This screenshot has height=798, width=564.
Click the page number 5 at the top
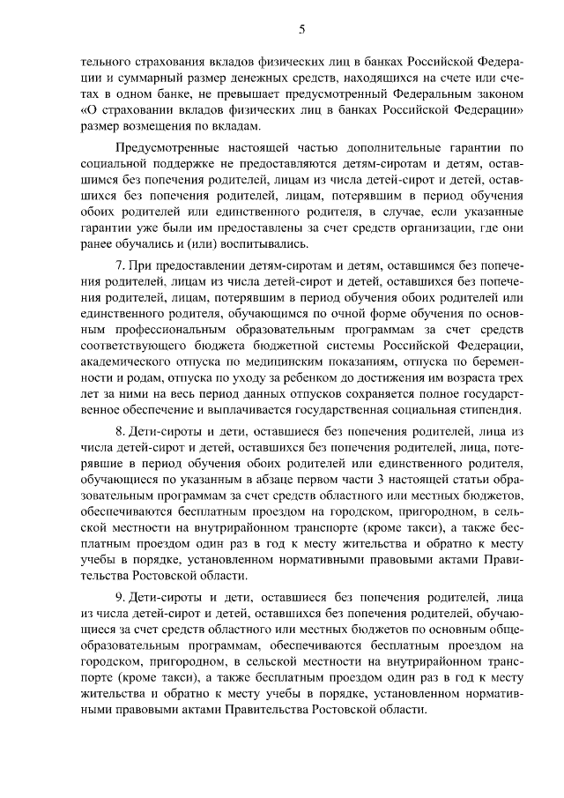pyautogui.click(x=301, y=29)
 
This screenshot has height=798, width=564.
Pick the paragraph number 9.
pyautogui.click(x=120, y=598)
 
